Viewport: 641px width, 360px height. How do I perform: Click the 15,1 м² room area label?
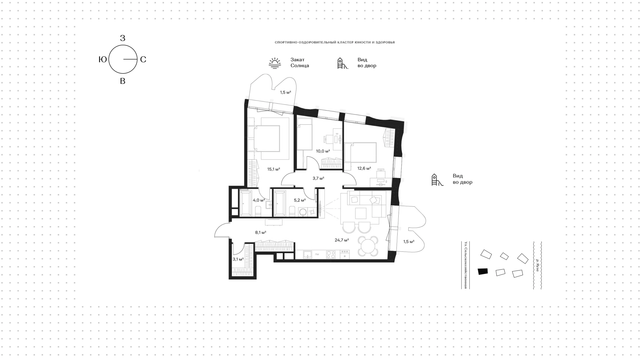click(273, 169)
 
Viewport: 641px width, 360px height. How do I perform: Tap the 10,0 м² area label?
click(323, 151)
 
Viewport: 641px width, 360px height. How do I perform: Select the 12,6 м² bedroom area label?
click(364, 169)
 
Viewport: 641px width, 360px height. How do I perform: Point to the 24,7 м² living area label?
click(342, 240)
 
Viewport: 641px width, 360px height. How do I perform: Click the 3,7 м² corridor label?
click(318, 178)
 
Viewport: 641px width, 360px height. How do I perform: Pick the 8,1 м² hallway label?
click(261, 232)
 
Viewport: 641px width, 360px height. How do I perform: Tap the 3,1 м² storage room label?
click(238, 259)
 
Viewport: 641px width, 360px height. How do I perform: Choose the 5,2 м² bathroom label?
click(300, 200)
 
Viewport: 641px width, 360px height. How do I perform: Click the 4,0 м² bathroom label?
click(259, 200)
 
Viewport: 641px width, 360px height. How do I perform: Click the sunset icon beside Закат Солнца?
click(275, 63)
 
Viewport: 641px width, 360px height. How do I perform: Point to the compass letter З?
click(123, 38)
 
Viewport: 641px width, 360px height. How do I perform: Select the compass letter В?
click(123, 81)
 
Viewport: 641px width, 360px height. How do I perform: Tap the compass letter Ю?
click(103, 59)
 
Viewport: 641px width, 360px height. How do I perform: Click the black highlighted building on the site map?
click(483, 272)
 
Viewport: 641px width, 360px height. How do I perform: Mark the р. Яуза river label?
click(537, 265)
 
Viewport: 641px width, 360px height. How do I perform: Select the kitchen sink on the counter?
click(307, 255)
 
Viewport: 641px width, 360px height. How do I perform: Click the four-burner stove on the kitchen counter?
click(331, 255)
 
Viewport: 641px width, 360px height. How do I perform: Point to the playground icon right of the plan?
click(437, 180)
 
